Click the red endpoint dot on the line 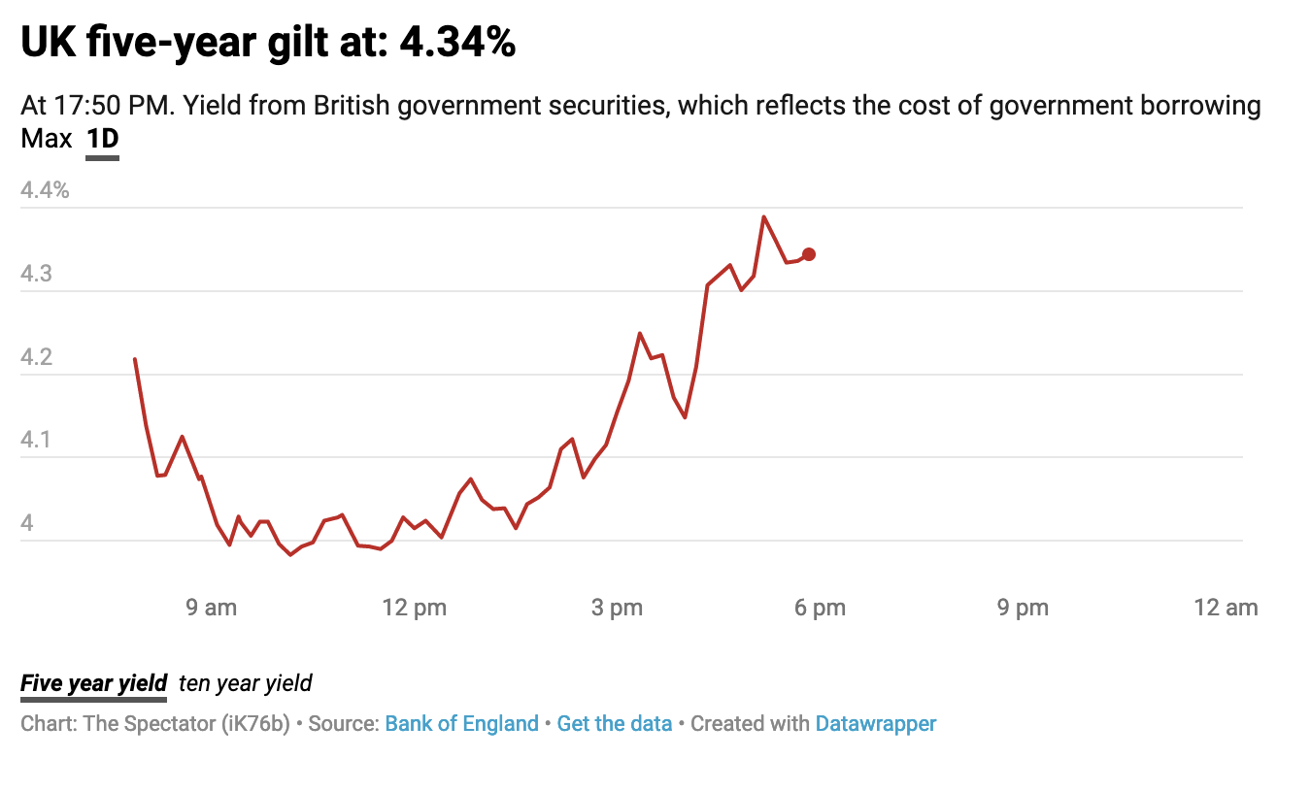pyautogui.click(x=809, y=254)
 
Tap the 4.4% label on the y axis pyautogui.click(x=45, y=190)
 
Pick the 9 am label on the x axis pyautogui.click(x=211, y=609)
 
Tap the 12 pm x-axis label pyautogui.click(x=415, y=609)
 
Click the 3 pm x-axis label pyautogui.click(x=618, y=609)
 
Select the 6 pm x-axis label pyautogui.click(x=821, y=609)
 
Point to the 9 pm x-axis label pyautogui.click(x=1024, y=609)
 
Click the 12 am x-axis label pyautogui.click(x=1227, y=609)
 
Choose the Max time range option pyautogui.click(x=47, y=140)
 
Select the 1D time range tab pyautogui.click(x=102, y=140)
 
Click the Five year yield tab pyautogui.click(x=93, y=683)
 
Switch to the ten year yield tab pyautogui.click(x=246, y=683)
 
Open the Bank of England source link pyautogui.click(x=461, y=724)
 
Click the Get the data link pyautogui.click(x=615, y=724)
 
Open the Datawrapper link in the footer pyautogui.click(x=876, y=724)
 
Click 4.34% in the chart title pyautogui.click(x=457, y=44)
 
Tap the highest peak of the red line pyautogui.click(x=764, y=216)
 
